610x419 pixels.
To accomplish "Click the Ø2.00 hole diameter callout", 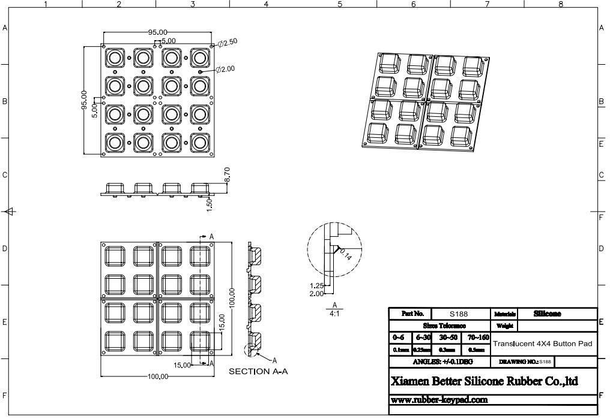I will pos(227,69).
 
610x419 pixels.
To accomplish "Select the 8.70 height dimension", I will pos(226,174).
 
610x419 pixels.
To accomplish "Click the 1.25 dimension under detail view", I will pos(316,286).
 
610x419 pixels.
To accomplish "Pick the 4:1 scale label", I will pos(334,313).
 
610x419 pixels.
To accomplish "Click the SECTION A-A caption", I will pos(258,372).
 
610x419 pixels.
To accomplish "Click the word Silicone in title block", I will pos(547,314).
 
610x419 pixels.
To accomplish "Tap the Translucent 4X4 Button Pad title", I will pos(542,343).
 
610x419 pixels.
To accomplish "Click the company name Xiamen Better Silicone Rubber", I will pos(484,381).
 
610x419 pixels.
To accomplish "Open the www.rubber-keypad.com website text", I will pos(439,399).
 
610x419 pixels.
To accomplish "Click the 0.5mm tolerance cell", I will pos(476,350).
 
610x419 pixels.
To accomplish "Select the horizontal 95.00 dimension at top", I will pos(158,32).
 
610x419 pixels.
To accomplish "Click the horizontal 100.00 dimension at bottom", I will pos(158,376).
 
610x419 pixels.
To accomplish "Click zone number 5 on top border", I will pos(340,4).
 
